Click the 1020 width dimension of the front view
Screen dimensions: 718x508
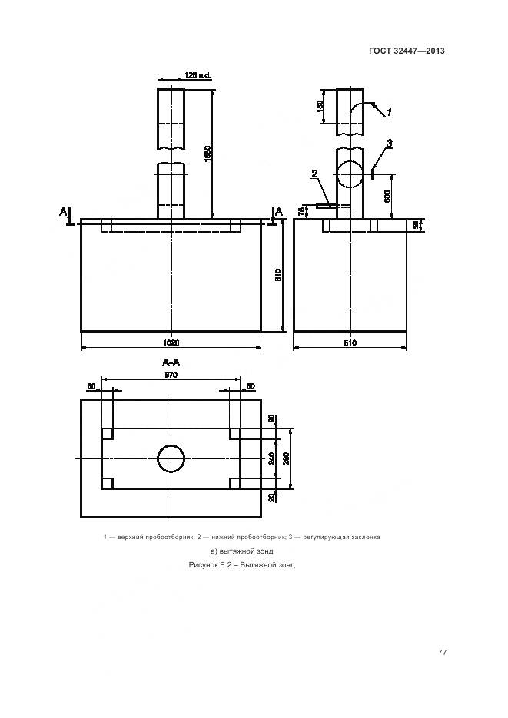tap(171, 342)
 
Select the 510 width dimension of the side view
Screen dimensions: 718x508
tap(350, 342)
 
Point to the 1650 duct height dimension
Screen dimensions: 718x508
tap(208, 153)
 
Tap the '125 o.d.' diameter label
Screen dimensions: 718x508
tap(198, 75)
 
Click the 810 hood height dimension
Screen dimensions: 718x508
tap(279, 274)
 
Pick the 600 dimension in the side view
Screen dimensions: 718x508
tap(389, 195)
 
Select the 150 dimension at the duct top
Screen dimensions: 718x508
tap(320, 106)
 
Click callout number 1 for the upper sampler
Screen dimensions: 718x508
tap(390, 112)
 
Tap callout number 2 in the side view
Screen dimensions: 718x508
tap(314, 174)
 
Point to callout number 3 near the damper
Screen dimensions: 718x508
tap(390, 143)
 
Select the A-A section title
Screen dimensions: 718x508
tap(171, 362)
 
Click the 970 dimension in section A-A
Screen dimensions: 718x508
tap(171, 375)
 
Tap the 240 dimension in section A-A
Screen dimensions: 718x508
tap(271, 458)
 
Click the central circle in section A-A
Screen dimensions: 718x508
tap(171, 458)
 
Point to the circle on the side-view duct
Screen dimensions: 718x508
tap(350, 174)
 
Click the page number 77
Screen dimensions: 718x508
tap(442, 653)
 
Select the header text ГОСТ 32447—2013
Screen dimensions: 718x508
tap(407, 51)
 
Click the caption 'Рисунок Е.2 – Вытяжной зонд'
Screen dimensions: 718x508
tap(241, 565)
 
